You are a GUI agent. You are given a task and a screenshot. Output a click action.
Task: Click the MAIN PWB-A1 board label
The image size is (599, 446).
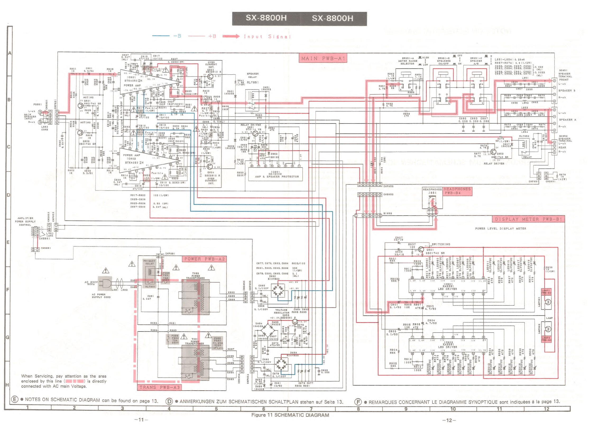(322, 58)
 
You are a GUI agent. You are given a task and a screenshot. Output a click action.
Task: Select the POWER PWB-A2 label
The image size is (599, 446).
(204, 259)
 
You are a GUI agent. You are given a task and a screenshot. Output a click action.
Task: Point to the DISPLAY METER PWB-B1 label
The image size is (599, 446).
(528, 219)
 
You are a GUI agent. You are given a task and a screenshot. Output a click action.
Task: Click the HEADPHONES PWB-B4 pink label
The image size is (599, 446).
(457, 191)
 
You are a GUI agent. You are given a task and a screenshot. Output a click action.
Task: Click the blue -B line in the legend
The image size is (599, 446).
(161, 36)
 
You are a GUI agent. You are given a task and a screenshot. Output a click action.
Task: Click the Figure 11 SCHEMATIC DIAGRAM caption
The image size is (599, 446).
(290, 415)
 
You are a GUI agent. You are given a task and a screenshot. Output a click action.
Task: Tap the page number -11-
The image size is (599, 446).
(141, 420)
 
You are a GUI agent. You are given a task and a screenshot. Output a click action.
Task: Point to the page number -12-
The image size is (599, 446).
(449, 420)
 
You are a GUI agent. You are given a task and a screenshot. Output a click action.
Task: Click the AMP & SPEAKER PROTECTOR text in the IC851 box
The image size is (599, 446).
(277, 177)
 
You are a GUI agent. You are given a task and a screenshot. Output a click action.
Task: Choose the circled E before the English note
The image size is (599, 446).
(15, 399)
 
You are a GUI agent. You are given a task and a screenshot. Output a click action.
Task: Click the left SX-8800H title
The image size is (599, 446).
(266, 18)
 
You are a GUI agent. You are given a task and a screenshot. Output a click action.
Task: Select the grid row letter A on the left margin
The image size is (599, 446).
(10, 53)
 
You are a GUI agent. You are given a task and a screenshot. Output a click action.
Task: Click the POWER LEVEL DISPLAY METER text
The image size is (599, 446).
(500, 229)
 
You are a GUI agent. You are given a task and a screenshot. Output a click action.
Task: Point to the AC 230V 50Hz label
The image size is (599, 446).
(91, 283)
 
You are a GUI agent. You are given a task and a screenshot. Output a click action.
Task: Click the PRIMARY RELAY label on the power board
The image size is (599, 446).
(149, 262)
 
